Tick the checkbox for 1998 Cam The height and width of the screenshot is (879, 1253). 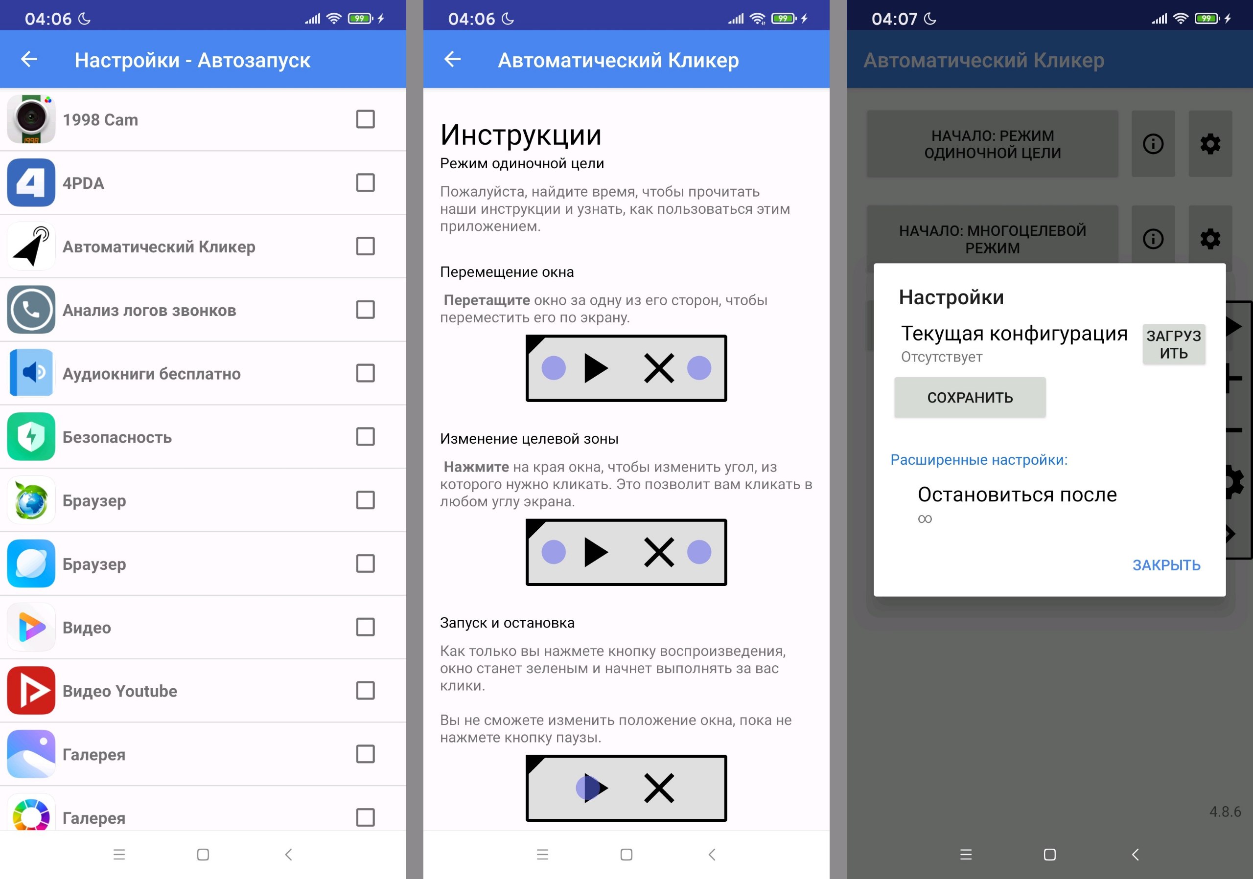pos(365,119)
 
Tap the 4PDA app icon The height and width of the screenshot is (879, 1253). pos(31,182)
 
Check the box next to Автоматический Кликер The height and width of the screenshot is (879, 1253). pos(365,246)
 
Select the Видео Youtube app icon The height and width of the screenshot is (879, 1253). pos(31,690)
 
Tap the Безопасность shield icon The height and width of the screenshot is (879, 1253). pos(31,436)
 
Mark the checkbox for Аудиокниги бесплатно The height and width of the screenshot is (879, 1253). pos(365,373)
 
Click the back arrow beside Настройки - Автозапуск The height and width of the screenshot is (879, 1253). pos(29,59)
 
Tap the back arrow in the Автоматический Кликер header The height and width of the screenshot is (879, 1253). pos(452,59)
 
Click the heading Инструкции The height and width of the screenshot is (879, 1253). pos(521,135)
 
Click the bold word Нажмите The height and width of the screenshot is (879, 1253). pos(476,467)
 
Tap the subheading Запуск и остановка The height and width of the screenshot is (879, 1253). pos(507,623)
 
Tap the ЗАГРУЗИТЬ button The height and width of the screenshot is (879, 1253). pos(1173,344)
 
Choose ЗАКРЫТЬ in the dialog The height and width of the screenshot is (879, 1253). pos(1166,565)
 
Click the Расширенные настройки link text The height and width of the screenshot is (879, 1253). pos(979,460)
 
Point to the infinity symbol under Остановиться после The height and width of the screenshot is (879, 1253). pos(925,518)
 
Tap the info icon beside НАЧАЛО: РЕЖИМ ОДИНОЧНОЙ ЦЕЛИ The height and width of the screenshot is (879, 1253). pos(1153,144)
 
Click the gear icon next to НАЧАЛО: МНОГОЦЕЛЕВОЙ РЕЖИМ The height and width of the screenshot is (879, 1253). pos(1210,239)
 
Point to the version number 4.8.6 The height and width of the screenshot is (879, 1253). pos(1225,811)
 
